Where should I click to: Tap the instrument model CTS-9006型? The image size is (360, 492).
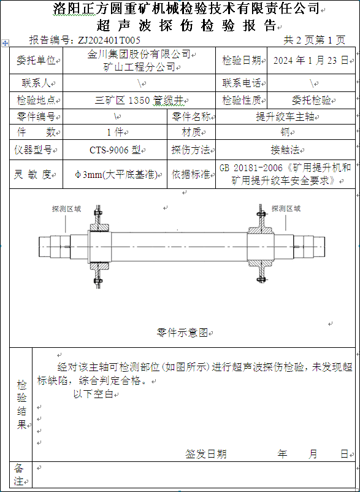pyautogui.click(x=115, y=150)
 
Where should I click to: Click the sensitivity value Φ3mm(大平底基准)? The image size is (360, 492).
pyautogui.click(x=115, y=174)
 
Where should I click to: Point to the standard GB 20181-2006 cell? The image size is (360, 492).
pyautogui.click(x=285, y=174)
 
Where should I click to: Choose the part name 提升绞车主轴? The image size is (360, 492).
pyautogui.click(x=285, y=117)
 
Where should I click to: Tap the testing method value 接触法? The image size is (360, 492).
pyautogui.click(x=285, y=150)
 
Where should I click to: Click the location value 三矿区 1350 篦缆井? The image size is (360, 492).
pyautogui.click(x=139, y=101)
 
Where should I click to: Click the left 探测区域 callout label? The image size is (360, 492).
pyautogui.click(x=66, y=209)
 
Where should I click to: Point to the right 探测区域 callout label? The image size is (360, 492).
pyautogui.click(x=286, y=209)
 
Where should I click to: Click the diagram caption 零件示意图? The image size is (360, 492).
pyautogui.click(x=182, y=332)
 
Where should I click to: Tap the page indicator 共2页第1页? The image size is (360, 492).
pyautogui.click(x=314, y=40)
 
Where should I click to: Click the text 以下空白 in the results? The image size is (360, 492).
pyautogui.click(x=93, y=394)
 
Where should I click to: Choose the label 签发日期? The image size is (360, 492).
pyautogui.click(x=205, y=454)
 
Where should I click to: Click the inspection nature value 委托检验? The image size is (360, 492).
pyautogui.click(x=312, y=101)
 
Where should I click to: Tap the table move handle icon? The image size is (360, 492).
pyautogui.click(x=6, y=44)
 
